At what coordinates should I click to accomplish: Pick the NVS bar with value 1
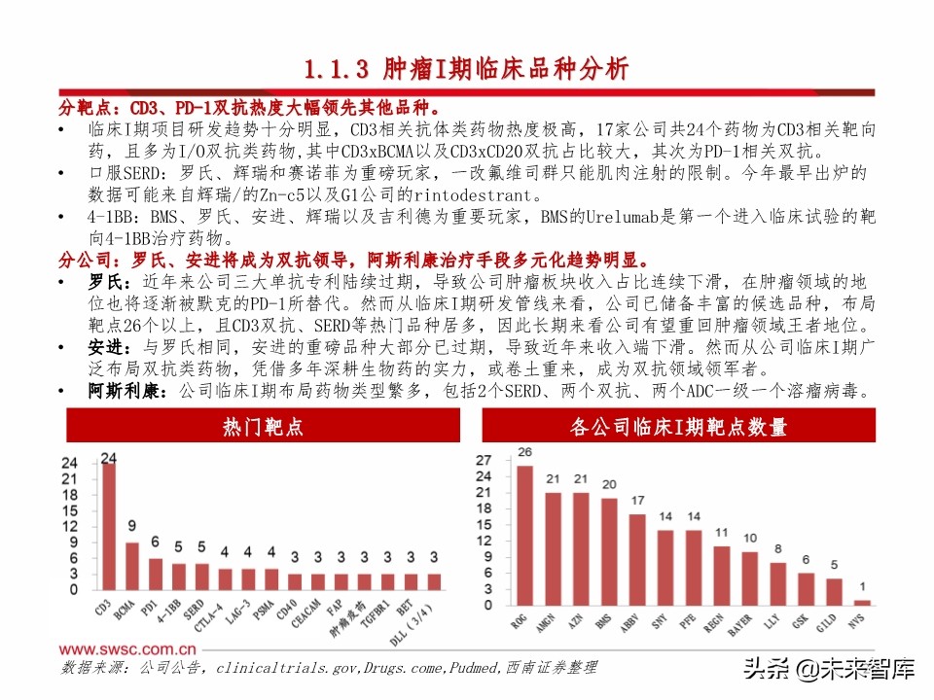[x=862, y=601]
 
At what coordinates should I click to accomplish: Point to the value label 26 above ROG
[x=524, y=452]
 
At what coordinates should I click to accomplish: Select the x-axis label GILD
[x=832, y=623]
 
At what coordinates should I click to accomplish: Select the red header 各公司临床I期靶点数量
[x=679, y=427]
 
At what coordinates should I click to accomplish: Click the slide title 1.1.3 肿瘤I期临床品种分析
[x=466, y=69]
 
